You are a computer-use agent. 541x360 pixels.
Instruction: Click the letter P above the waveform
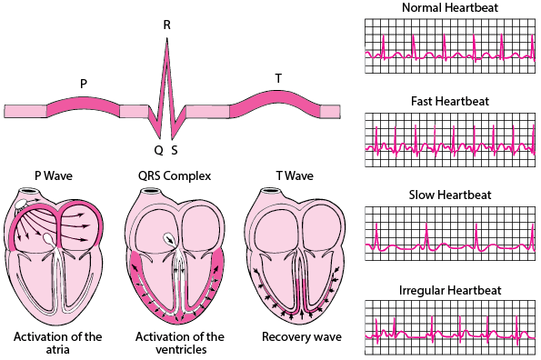[84, 84]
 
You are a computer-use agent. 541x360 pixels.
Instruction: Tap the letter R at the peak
[166, 25]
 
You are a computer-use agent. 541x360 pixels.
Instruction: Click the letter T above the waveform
[278, 78]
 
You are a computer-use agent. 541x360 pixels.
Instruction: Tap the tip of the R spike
[166, 41]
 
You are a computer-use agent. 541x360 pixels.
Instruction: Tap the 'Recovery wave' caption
[302, 337]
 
